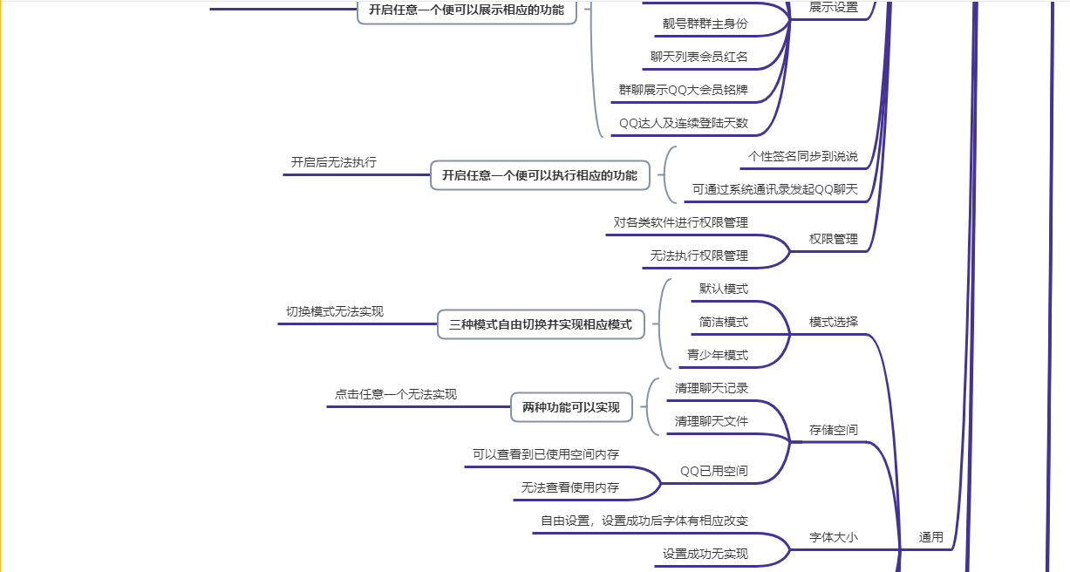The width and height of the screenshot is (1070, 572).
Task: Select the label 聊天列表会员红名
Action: pos(699,58)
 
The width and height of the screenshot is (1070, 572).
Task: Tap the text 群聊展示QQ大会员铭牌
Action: pos(683,90)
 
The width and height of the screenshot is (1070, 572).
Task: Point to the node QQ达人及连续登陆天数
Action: pos(683,123)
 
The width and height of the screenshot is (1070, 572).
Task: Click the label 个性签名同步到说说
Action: pos(803,157)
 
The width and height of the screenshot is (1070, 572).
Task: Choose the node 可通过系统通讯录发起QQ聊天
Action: pos(775,189)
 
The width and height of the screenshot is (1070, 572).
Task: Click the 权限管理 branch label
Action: pos(833,239)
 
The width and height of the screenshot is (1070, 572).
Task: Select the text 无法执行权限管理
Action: pos(699,255)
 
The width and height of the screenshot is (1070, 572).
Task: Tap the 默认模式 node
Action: pos(723,289)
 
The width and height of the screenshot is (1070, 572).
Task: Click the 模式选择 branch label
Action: pos(833,322)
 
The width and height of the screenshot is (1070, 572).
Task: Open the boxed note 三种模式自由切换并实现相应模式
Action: pos(541,324)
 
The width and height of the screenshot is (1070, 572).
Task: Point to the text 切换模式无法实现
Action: pos(335,311)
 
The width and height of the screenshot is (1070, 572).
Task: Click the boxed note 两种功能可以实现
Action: pos(571,407)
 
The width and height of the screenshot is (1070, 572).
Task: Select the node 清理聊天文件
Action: pos(711,421)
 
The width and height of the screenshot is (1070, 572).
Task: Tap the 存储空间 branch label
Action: pos(833,430)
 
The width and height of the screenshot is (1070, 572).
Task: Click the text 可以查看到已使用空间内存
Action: pos(546,454)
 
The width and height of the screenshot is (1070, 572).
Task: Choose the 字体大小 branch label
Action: pos(833,537)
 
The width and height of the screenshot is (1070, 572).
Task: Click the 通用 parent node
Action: pos(930,537)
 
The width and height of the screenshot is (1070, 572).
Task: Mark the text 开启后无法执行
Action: pos(334,162)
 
